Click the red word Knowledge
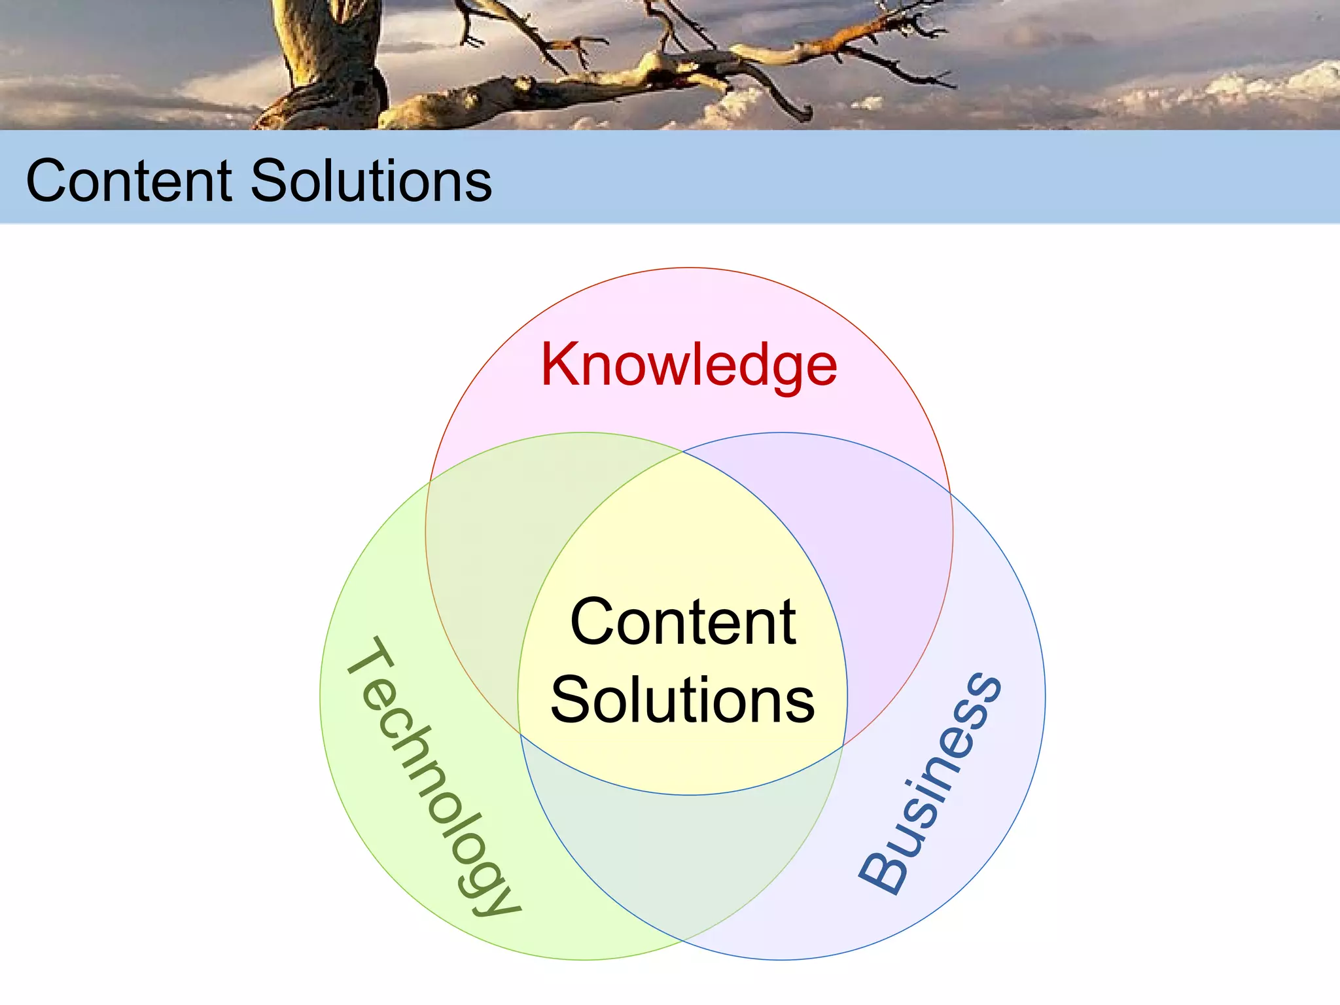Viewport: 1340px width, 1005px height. tap(688, 365)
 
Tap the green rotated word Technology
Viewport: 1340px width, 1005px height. tap(432, 776)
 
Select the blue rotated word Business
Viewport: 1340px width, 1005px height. tap(930, 783)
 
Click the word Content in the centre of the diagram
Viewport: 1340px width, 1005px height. tap(683, 622)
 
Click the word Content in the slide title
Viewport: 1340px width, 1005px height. tap(129, 181)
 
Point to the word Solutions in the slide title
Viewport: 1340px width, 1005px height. tap(371, 181)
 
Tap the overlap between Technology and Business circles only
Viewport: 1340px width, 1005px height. tap(683, 864)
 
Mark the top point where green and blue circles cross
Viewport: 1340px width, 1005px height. tap(683, 451)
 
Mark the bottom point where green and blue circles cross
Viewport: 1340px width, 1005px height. tap(683, 940)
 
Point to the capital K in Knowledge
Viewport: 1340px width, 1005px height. tap(558, 365)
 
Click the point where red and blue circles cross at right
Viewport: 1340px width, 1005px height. tap(950, 491)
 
